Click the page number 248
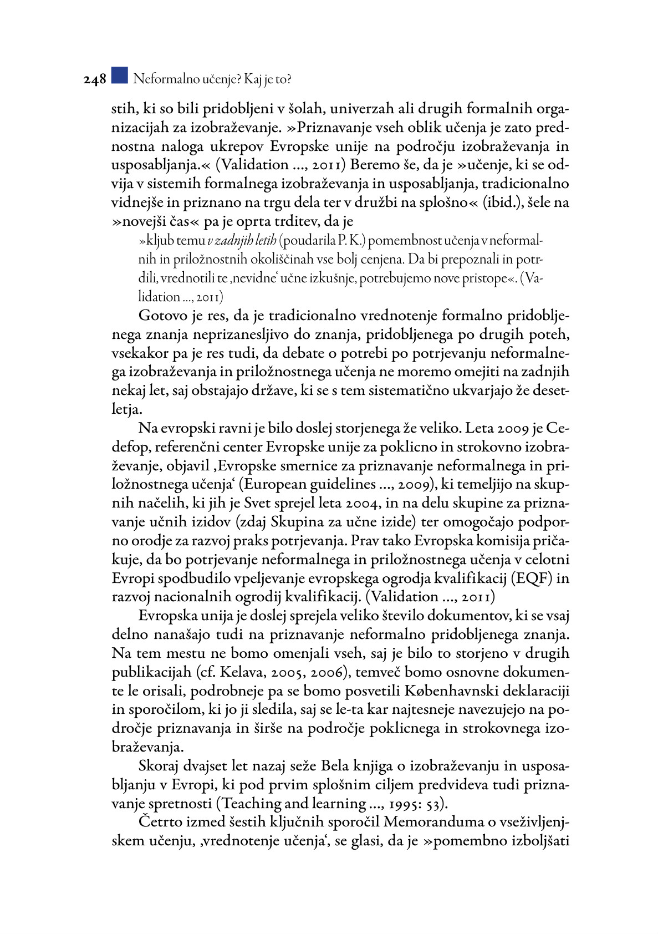pyautogui.click(x=95, y=80)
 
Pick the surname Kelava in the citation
pyautogui.click(x=240, y=672)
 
